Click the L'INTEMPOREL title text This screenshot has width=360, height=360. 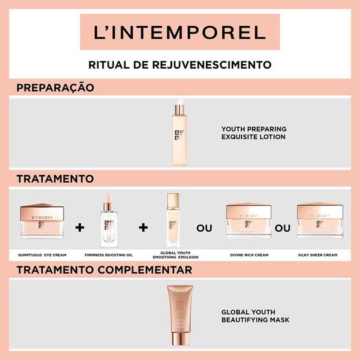pos(179,32)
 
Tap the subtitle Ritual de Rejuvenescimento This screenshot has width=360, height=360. pos(179,65)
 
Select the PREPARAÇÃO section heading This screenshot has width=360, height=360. pos(55,87)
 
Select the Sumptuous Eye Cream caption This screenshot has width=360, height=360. pos(41,256)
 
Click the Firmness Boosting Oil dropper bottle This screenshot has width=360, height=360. pos(109,222)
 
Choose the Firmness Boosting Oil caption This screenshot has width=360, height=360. pos(109,256)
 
